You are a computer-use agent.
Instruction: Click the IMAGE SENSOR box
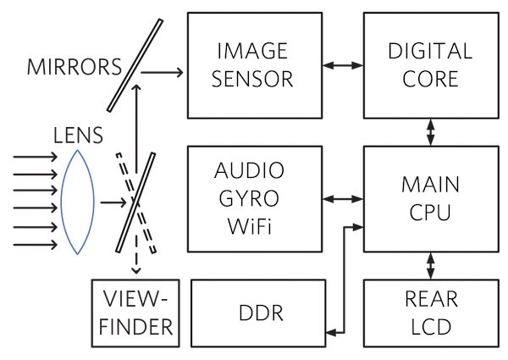[x=254, y=65]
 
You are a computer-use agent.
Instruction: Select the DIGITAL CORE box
[x=429, y=65]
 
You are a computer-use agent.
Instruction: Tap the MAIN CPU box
[x=429, y=197]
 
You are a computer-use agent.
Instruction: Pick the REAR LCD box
[x=429, y=311]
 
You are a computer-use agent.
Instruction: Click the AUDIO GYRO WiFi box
[x=254, y=198]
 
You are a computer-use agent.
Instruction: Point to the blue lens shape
[x=78, y=202]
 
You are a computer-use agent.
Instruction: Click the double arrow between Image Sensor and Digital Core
[x=342, y=64]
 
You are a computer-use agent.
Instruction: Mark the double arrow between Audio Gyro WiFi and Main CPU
[x=342, y=200]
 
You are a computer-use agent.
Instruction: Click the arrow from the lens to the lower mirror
[x=112, y=203]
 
